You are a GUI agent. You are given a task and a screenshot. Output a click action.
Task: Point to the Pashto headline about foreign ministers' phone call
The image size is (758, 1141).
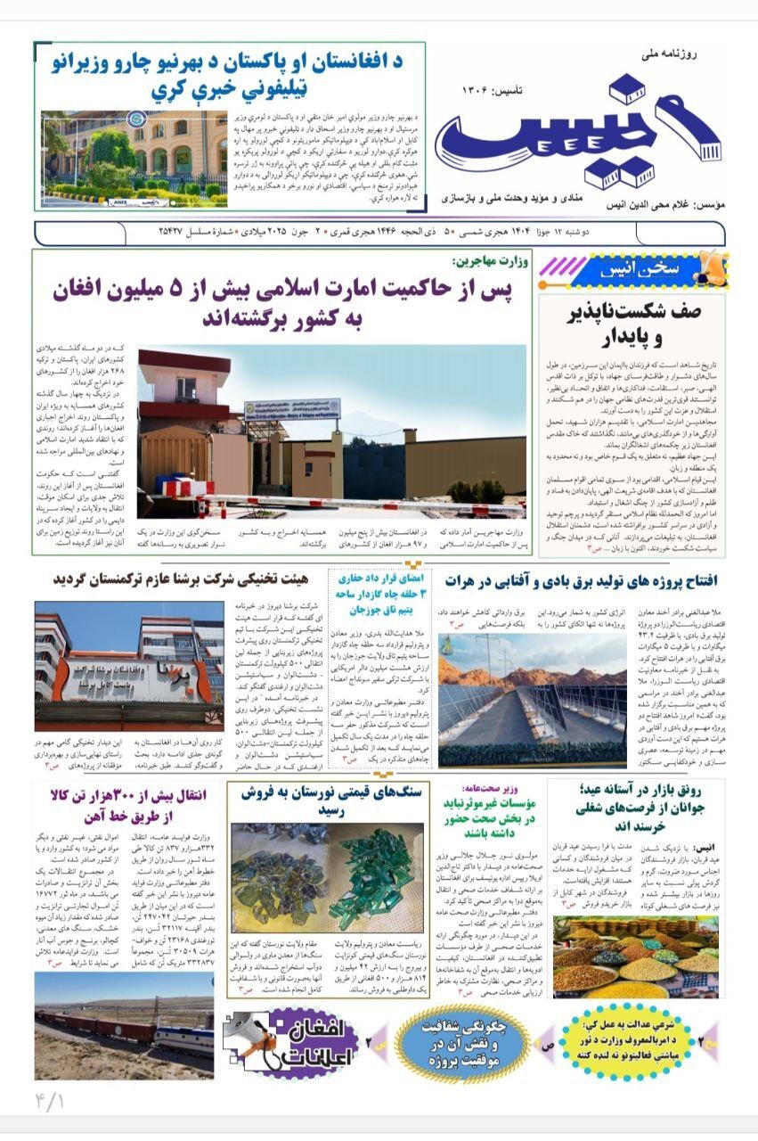tap(229, 75)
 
